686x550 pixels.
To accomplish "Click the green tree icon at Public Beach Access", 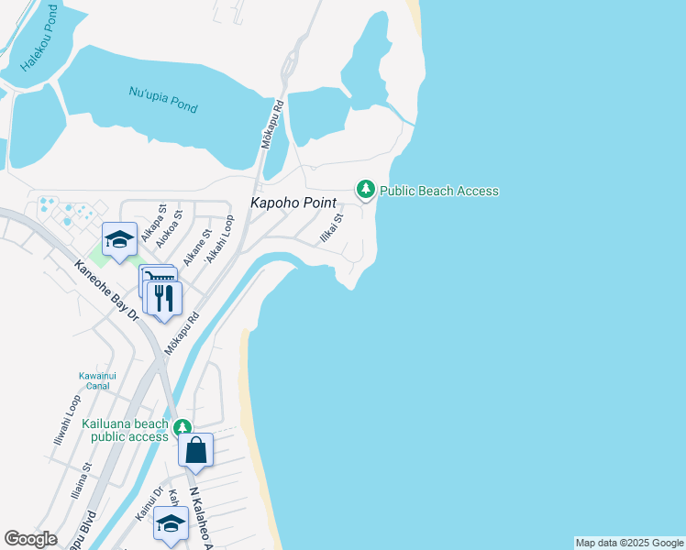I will pos(366,190).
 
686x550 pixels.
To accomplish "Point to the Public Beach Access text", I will pos(439,191).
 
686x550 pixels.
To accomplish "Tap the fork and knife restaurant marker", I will pos(164,298).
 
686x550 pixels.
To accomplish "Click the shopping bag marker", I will pos(196,450).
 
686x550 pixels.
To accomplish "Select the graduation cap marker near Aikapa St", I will pos(119,239).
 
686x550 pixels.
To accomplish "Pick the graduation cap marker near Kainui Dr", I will pos(170,522).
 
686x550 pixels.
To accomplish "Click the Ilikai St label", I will pos(330,227).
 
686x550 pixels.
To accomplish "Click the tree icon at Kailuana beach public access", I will pos(183,427).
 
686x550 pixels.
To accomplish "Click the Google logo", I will pos(31,539).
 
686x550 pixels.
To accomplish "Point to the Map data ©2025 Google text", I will pos(629,543).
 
